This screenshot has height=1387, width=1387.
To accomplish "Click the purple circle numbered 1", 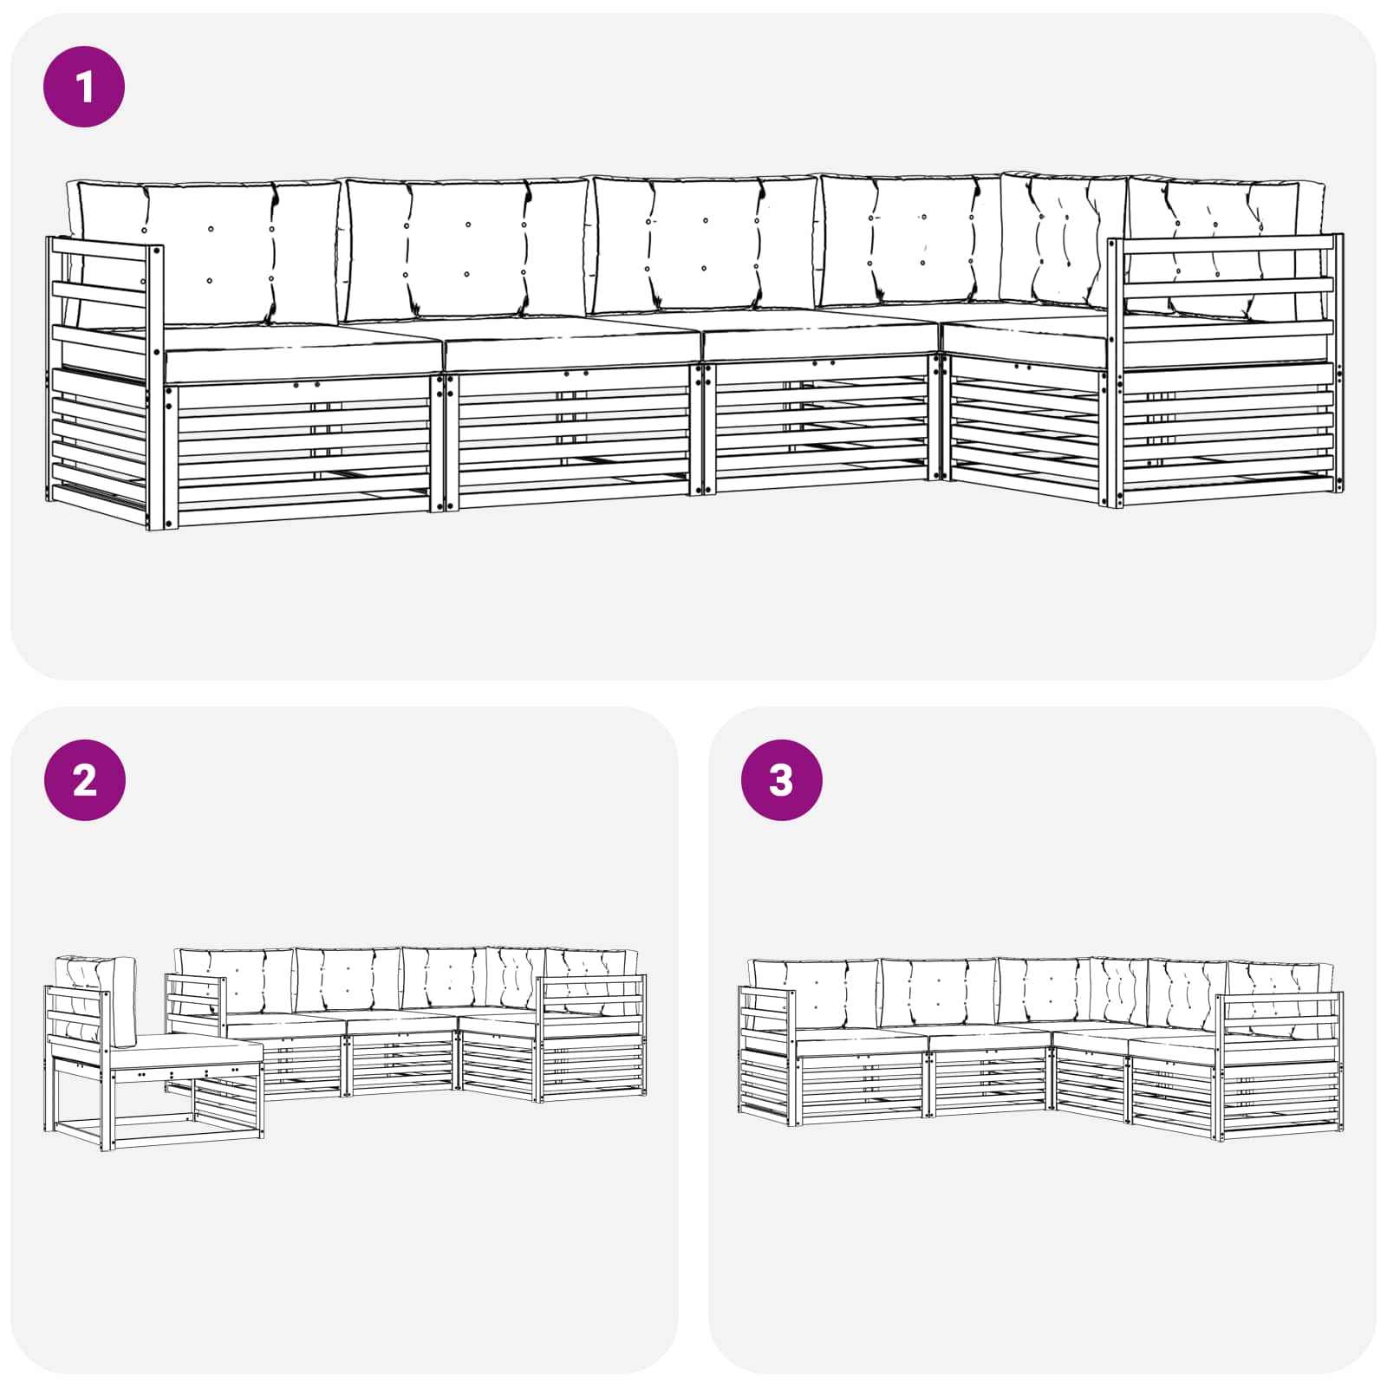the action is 84,87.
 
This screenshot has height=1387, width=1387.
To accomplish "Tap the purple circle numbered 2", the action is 84,780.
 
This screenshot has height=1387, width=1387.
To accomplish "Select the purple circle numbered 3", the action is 781,780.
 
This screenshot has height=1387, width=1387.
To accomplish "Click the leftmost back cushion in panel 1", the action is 204,252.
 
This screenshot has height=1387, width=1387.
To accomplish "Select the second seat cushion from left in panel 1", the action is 572,344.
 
